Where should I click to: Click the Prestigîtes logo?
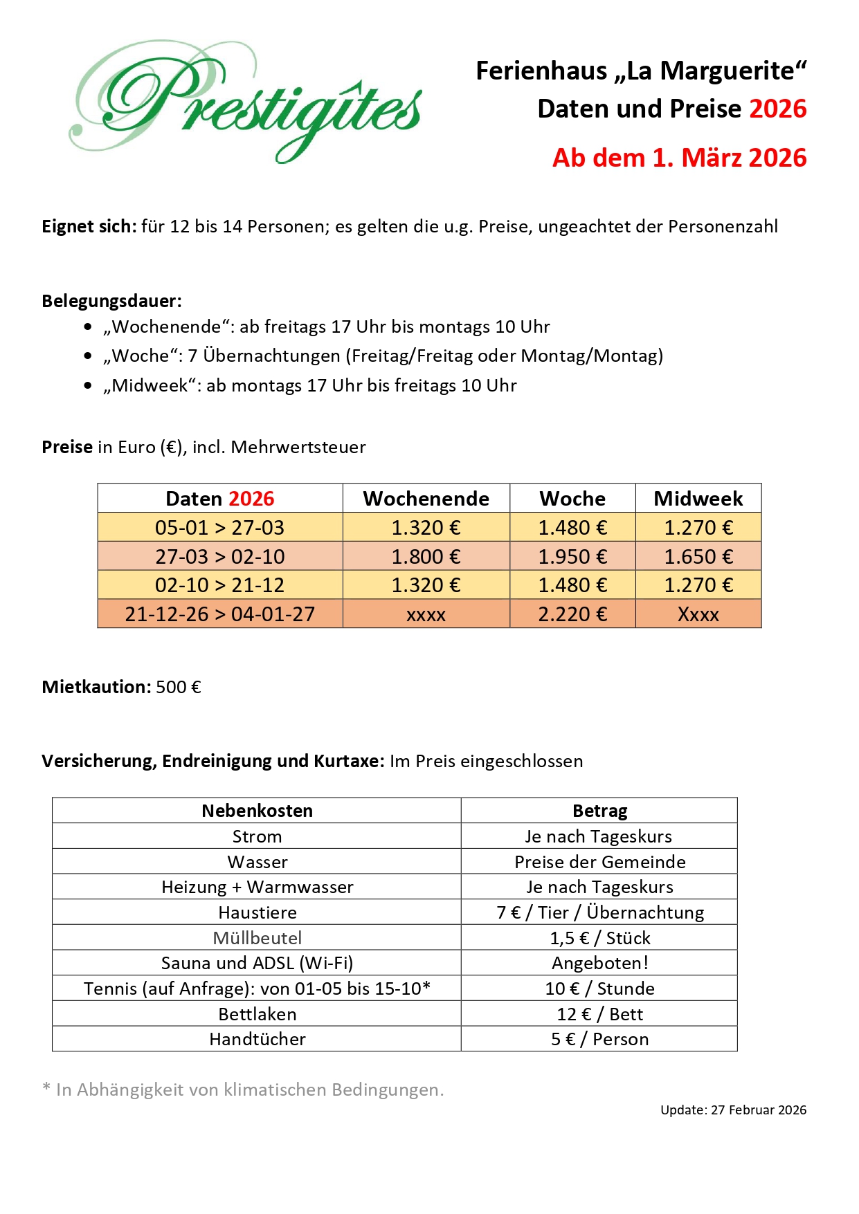[x=246, y=102]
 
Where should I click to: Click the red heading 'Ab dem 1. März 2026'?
[x=679, y=158]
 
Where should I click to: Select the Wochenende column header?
[x=426, y=499]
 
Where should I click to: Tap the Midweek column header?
[x=698, y=499]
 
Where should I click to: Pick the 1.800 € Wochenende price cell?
[x=426, y=557]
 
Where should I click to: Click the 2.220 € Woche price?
[x=572, y=614]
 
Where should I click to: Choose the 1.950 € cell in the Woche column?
[x=572, y=557]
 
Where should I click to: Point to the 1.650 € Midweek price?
[x=698, y=557]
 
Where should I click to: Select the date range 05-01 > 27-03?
[x=219, y=528]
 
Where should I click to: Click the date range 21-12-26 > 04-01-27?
[x=219, y=614]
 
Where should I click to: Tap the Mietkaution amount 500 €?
[x=179, y=687]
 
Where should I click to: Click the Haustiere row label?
[x=257, y=912]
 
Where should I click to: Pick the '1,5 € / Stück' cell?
[x=599, y=938]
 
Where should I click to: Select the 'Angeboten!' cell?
[x=599, y=963]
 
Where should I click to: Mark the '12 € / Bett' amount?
[x=599, y=1014]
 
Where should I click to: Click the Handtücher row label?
[x=257, y=1039]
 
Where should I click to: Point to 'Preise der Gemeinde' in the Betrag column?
[x=599, y=862]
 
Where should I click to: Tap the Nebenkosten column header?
[x=257, y=811]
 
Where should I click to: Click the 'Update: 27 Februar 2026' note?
[x=733, y=1110]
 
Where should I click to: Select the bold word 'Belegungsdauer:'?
[x=111, y=301]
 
